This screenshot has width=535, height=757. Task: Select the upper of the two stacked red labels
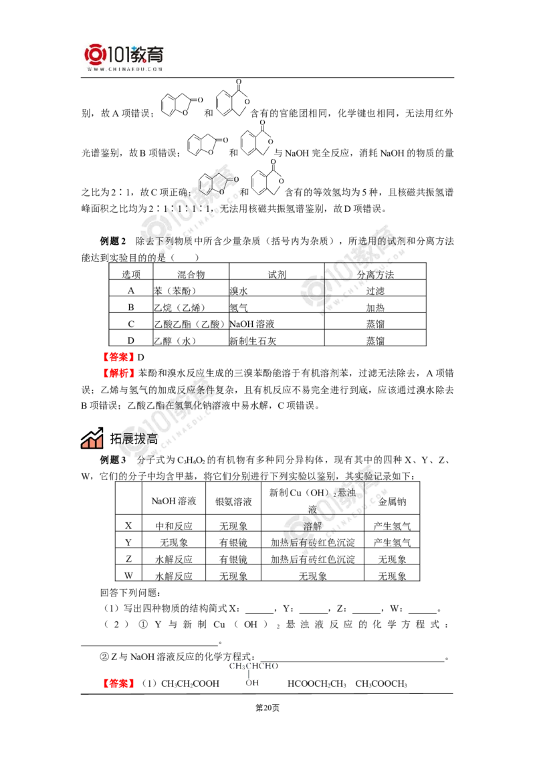(x=118, y=356)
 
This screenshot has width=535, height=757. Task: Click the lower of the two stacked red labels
(x=118, y=373)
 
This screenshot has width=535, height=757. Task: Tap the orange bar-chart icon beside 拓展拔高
(x=91, y=437)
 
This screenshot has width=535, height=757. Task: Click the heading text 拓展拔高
(x=130, y=439)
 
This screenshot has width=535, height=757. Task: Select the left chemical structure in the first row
(x=177, y=102)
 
